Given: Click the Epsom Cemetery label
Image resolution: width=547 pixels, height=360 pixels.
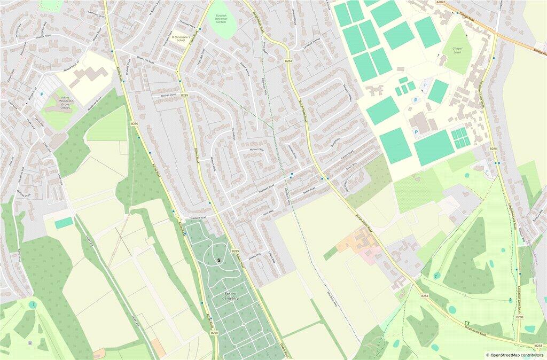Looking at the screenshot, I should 231,297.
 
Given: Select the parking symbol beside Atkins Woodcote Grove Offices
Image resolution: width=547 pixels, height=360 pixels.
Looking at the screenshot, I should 42,95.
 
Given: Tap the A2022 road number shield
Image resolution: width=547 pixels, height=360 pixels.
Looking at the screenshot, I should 440,3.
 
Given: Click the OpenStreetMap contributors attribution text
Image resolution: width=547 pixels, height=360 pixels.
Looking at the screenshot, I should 514,355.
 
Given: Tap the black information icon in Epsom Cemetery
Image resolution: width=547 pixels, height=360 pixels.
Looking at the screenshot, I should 219,260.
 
